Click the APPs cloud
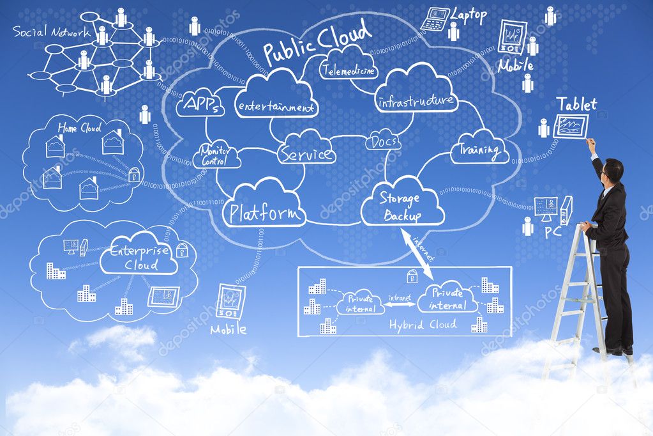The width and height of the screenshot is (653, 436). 200,104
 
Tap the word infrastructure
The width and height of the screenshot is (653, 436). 416,101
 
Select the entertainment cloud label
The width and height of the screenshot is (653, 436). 276,105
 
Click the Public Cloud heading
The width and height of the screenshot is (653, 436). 317,42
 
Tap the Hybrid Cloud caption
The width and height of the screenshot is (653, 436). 423,325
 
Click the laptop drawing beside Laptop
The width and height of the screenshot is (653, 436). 435,19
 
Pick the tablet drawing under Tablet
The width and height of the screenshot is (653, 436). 570,126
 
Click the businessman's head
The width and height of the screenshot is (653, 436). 613,170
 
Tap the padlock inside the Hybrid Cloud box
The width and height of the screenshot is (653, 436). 412,276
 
